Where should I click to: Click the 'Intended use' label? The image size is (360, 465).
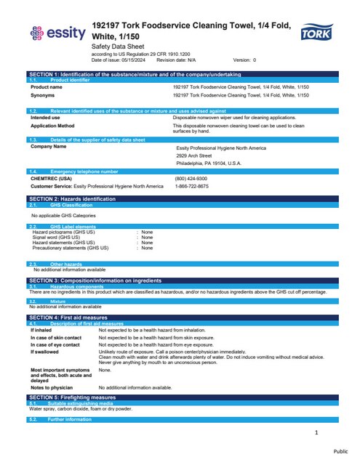point(45,116)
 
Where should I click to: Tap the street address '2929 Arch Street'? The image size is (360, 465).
point(193,155)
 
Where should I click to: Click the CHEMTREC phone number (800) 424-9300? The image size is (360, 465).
point(191,178)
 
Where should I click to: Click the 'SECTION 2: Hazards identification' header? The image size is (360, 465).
point(73,198)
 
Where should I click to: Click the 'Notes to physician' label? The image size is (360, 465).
point(52,388)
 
